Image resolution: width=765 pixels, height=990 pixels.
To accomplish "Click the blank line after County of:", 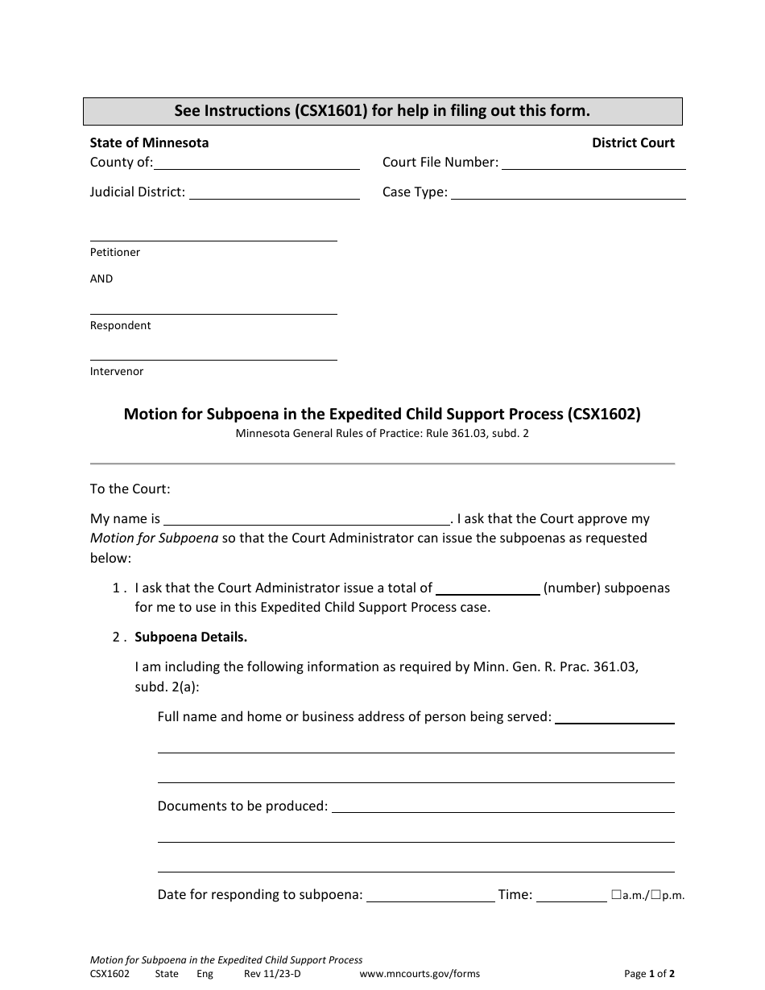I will point(256,164).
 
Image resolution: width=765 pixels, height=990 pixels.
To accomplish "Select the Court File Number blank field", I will point(593,164).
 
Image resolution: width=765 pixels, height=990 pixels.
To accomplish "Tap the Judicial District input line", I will point(274,193).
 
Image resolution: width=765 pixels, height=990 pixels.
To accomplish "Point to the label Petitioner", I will point(115,253).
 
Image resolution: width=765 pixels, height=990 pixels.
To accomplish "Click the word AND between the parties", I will point(101,279).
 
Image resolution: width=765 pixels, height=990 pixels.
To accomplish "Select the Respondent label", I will point(120,326).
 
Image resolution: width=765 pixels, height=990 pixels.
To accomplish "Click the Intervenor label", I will point(117,372).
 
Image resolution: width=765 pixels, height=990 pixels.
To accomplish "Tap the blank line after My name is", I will point(307,519).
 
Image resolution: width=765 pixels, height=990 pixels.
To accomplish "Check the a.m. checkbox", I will point(616,894).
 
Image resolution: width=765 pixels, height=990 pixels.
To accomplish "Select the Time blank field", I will point(571,895).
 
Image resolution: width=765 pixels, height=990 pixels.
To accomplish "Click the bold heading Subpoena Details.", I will point(191,637).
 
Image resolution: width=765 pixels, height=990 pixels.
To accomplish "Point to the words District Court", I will point(633,143).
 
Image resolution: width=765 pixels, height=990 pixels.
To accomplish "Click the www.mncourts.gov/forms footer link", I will point(419,974).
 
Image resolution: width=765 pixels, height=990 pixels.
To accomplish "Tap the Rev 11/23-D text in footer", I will point(272,974).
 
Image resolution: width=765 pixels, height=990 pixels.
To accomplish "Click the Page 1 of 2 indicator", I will point(649,974).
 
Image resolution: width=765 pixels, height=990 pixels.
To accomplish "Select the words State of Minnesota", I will point(149,143).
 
